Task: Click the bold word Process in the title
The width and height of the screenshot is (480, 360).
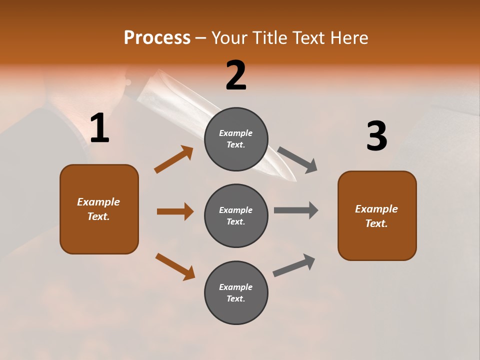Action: [x=157, y=37]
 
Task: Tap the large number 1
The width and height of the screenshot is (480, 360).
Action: [x=99, y=128]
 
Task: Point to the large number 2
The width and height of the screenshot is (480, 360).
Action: [x=236, y=75]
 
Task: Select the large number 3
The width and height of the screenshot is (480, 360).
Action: [x=376, y=136]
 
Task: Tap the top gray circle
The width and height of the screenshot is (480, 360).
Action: [x=236, y=139]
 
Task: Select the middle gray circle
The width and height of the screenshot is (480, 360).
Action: [x=236, y=215]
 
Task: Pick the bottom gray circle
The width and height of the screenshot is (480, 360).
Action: [x=236, y=292]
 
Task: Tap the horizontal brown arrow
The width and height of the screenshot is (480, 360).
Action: [x=175, y=211]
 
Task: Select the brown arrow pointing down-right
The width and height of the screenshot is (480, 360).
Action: [x=175, y=266]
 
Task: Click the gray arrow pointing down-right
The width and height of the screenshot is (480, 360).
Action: [x=297, y=160]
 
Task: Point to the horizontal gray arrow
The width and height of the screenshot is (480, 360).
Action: [x=296, y=210]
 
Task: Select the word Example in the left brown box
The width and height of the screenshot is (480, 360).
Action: [x=98, y=202]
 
